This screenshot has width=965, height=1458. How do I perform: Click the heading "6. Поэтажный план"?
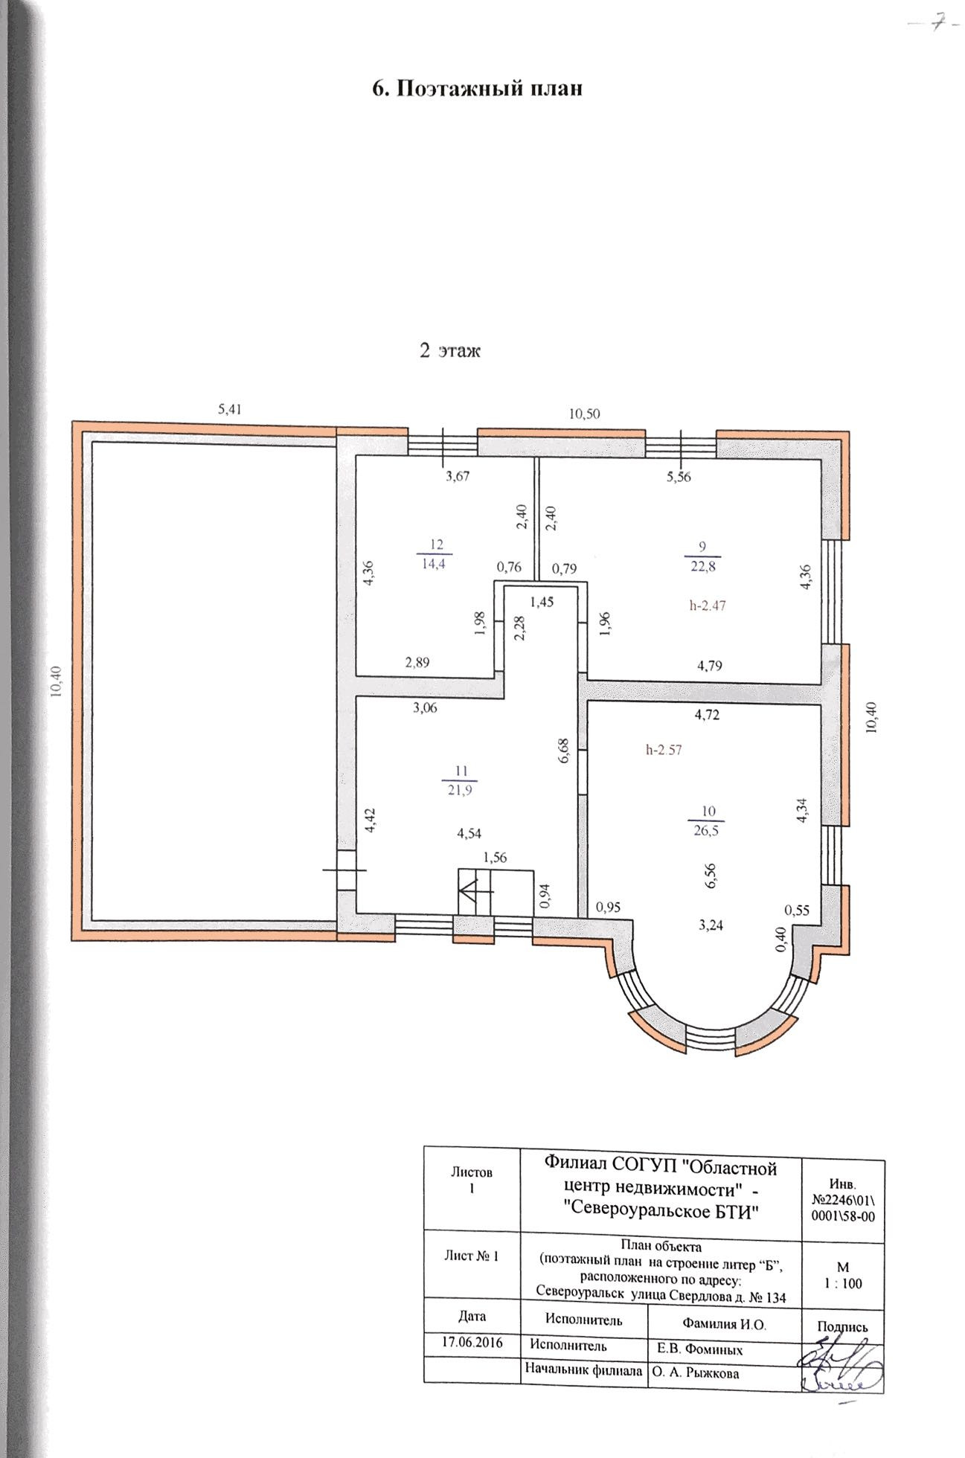click(x=476, y=88)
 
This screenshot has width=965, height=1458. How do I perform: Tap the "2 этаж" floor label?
click(x=449, y=350)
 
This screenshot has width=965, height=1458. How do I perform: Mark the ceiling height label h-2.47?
click(x=707, y=606)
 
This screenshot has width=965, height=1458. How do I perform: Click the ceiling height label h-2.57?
click(x=664, y=750)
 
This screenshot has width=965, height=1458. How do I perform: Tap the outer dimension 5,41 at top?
click(x=230, y=408)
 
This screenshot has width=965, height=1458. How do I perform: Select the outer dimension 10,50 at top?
click(x=584, y=414)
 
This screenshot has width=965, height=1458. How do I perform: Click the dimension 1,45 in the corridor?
click(x=542, y=603)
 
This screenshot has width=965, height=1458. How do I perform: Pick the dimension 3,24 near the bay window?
click(x=711, y=926)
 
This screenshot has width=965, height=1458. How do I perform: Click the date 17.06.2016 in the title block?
click(x=472, y=1343)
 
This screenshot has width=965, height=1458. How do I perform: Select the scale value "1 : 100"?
click(x=843, y=1283)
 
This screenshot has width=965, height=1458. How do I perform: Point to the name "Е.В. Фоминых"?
click(x=699, y=1349)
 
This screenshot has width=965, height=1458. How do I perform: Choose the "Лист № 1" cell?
click(x=471, y=1256)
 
